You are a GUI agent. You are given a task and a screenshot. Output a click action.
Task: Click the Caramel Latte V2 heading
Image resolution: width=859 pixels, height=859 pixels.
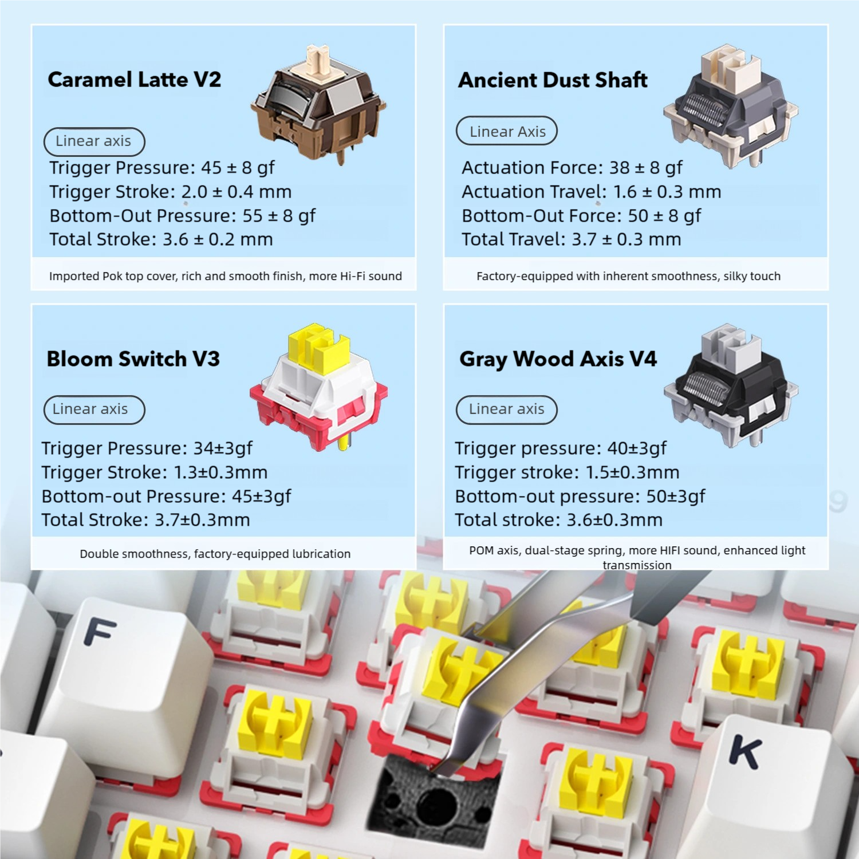click(135, 80)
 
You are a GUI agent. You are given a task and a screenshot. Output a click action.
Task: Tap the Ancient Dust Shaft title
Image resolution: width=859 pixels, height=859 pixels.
click(553, 80)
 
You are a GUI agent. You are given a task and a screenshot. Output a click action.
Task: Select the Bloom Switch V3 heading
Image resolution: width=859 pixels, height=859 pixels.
click(133, 359)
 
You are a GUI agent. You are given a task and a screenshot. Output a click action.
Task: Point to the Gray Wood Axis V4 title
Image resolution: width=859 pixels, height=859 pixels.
click(558, 360)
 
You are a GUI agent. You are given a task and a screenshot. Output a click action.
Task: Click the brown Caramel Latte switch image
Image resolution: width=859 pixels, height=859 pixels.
click(318, 105)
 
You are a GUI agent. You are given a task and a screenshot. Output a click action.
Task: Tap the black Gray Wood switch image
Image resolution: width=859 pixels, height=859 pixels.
click(731, 385)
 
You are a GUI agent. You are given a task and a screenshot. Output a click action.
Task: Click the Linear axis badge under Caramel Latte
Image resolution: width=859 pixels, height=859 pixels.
click(94, 141)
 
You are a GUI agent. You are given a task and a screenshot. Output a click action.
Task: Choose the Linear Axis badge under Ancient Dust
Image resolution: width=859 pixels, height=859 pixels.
click(507, 131)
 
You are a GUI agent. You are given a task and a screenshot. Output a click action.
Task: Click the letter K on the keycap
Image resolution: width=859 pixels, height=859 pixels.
click(746, 752)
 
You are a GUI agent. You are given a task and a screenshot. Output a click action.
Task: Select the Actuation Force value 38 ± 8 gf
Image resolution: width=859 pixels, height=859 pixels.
click(645, 168)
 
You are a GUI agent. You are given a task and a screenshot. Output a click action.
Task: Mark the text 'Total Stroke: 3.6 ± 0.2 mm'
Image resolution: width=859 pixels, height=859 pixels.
click(161, 239)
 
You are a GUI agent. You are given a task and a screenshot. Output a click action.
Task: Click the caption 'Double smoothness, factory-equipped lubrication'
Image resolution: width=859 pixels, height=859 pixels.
click(215, 554)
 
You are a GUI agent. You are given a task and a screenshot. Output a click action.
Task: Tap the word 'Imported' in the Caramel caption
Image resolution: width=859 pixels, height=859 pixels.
click(74, 277)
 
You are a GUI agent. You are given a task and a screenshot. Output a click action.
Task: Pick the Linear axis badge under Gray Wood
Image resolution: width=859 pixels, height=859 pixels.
click(507, 410)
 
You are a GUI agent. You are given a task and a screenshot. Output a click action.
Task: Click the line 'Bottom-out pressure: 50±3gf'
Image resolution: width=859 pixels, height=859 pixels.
click(580, 497)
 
